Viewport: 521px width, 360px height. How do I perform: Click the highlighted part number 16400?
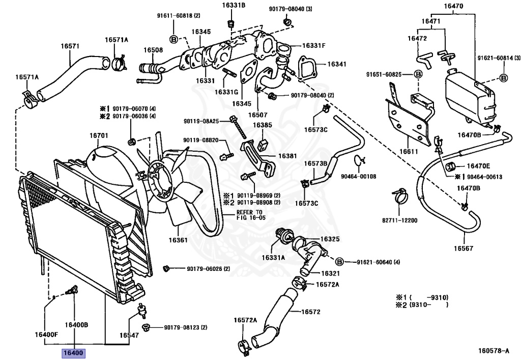click(73, 353)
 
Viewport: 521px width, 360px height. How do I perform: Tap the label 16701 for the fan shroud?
click(99, 135)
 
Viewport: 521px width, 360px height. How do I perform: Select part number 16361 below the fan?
click(178, 240)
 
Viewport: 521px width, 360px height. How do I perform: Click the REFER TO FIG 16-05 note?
click(249, 215)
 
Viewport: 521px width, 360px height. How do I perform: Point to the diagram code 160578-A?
click(494, 350)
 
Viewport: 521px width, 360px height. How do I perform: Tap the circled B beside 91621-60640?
click(339, 262)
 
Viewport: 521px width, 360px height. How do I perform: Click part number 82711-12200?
click(399, 220)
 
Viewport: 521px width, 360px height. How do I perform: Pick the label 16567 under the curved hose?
click(464, 248)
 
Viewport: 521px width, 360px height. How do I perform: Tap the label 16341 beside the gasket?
click(337, 64)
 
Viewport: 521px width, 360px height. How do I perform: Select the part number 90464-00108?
click(359, 176)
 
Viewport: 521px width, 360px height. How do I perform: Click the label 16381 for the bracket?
click(287, 156)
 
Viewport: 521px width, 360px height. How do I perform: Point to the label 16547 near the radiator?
click(129, 336)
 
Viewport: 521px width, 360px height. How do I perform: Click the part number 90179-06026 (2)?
click(208, 268)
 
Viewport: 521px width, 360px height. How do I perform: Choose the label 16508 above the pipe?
click(153, 50)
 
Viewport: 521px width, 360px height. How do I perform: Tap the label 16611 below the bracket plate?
click(409, 152)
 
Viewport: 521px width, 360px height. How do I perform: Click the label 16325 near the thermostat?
click(330, 239)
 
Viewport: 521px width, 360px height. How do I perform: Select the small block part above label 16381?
click(263, 144)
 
